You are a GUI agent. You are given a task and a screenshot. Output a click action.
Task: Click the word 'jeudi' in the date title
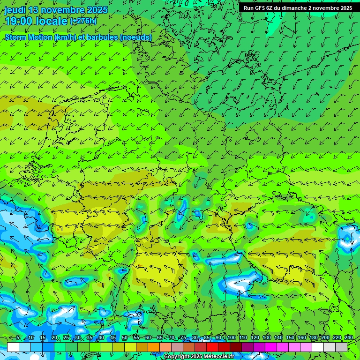tap(15, 10)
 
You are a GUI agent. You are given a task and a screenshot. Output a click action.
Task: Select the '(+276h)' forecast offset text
tap(83, 21)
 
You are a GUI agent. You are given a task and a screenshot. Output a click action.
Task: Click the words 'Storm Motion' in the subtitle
tap(29, 37)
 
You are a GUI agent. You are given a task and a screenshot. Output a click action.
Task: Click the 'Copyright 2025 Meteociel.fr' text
tap(199, 357)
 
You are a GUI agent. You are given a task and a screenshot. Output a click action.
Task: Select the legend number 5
tap(18, 338)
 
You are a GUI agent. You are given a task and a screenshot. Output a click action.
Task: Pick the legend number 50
tap(124, 338)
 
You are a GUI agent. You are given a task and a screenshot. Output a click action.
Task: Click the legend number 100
tap(231, 338)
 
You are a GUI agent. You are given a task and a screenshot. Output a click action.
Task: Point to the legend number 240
tap(348, 338)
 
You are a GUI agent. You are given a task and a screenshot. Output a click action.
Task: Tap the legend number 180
tap(313, 338)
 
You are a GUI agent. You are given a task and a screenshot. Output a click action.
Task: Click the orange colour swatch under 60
tap(154, 347)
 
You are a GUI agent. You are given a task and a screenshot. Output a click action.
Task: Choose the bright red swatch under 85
tap(212, 347)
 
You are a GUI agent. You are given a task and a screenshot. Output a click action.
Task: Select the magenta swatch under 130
tap(271, 347)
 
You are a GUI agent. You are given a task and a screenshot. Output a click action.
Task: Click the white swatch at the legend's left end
tap(13, 347)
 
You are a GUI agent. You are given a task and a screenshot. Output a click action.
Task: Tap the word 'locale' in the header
tap(49, 21)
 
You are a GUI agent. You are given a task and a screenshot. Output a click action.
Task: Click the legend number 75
tap(183, 338)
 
